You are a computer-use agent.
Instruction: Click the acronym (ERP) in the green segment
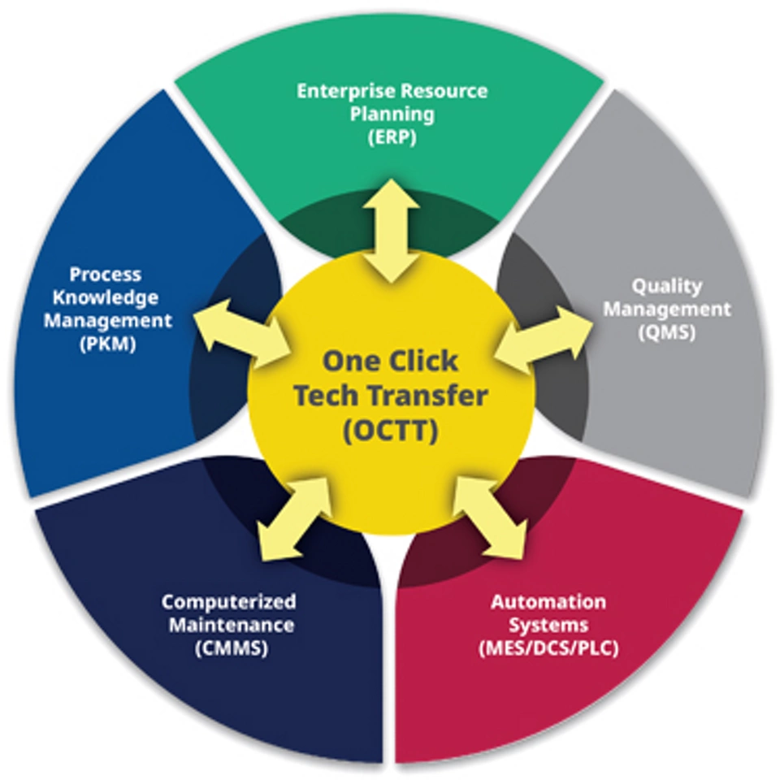pyautogui.click(x=391, y=136)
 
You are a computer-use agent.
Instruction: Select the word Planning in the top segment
pyautogui.click(x=392, y=113)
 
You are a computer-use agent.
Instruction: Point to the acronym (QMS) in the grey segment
pyautogui.click(x=666, y=331)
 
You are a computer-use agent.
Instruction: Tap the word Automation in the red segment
pyautogui.click(x=548, y=602)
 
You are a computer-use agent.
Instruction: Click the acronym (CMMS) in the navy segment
pyautogui.click(x=228, y=649)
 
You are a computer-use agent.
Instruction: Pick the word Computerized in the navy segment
pyautogui.click(x=228, y=602)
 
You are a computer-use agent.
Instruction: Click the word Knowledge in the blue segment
pyautogui.click(x=106, y=297)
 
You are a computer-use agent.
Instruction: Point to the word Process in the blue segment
pyautogui.click(x=106, y=274)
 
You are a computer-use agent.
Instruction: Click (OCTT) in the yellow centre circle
pyautogui.click(x=390, y=431)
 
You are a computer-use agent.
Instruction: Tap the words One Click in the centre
pyautogui.click(x=390, y=361)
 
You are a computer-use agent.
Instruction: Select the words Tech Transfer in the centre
pyautogui.click(x=390, y=396)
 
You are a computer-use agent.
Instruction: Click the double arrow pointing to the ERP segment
pyautogui.click(x=391, y=232)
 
